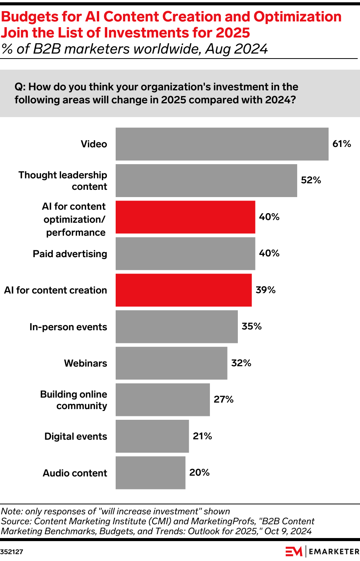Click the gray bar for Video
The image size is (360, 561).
[x=222, y=144]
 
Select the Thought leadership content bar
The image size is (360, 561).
[x=206, y=181]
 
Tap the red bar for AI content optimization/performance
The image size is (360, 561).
[x=185, y=217]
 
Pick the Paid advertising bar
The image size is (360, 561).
[x=185, y=254]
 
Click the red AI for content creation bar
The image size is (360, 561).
[x=183, y=290]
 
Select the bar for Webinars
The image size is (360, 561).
[x=171, y=363]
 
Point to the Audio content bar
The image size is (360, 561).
[x=151, y=473]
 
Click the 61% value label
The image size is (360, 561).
[x=342, y=144]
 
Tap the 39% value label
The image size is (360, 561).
[x=265, y=290]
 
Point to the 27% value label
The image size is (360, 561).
[x=224, y=400]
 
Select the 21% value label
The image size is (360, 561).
[x=202, y=436]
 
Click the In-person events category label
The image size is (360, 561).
[x=68, y=327]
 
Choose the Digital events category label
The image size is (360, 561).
[x=75, y=437]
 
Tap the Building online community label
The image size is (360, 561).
[x=74, y=400]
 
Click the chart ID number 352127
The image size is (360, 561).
[x=12, y=552]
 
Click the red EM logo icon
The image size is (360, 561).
[x=294, y=551]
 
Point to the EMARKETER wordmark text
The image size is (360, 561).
[x=334, y=552]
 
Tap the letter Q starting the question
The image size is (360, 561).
[x=19, y=87]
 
